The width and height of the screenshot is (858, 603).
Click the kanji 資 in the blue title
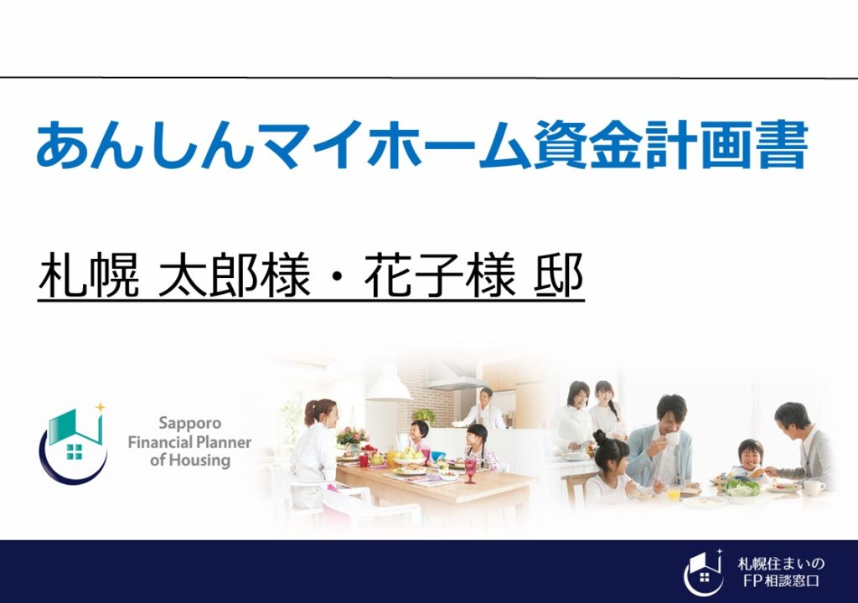[x=560, y=144]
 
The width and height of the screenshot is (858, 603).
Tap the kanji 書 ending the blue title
[x=781, y=144]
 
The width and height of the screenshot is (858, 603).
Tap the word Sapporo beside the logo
[x=190, y=424]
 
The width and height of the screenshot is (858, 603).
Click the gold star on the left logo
[x=101, y=407]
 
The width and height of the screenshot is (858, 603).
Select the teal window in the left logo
[x=74, y=451]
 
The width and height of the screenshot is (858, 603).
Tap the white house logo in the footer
[x=704, y=572]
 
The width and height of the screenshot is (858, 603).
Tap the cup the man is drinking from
[x=671, y=438]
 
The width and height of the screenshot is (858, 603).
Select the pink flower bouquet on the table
[x=352, y=436]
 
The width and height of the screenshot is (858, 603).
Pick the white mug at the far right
[x=813, y=487]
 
